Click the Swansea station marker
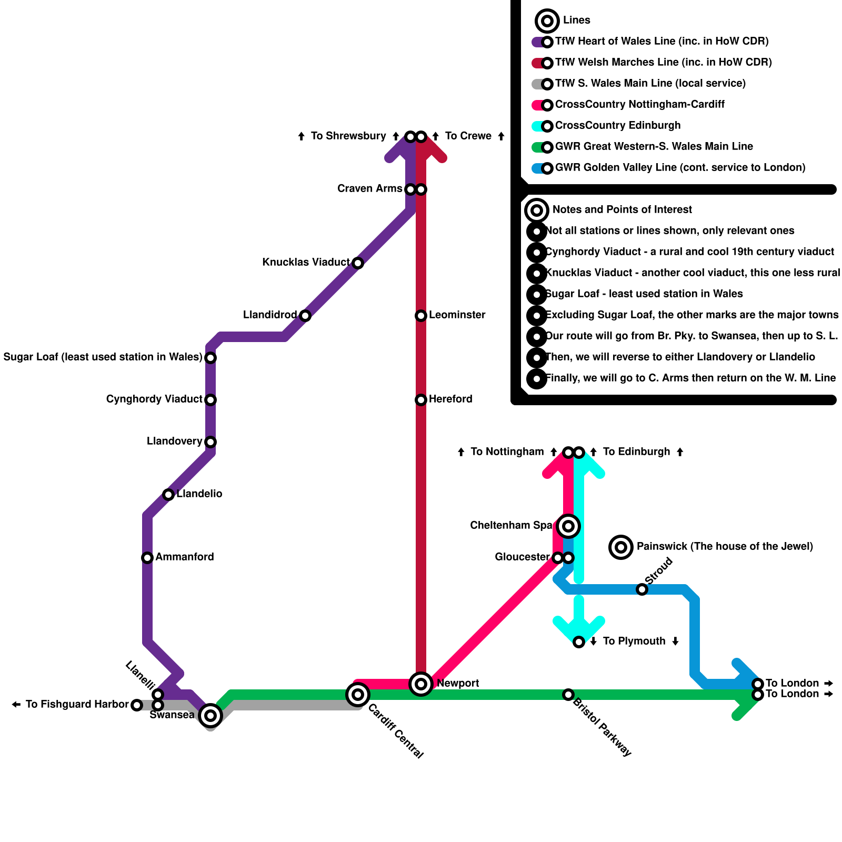pyautogui.click(x=210, y=715)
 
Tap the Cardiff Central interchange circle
pyautogui.click(x=358, y=695)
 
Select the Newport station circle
pyautogui.click(x=421, y=684)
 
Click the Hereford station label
pyautogui.click(x=450, y=399)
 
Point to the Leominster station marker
pyautogui.click(x=421, y=316)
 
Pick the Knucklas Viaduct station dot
pyautogui.click(x=358, y=263)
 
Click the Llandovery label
pyautogui.click(x=174, y=441)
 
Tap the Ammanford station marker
pyautogui.click(x=147, y=558)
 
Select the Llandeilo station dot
pyautogui.click(x=168, y=495)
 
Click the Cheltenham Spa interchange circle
pyautogui.click(x=568, y=526)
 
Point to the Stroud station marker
pyautogui.click(x=642, y=589)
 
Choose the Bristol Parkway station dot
pyautogui.click(x=568, y=695)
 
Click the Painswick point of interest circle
pyautogui.click(x=621, y=547)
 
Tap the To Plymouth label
pyautogui.click(x=634, y=641)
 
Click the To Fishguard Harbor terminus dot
pyautogui.click(x=137, y=705)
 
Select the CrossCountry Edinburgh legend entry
pyautogui.click(x=617, y=125)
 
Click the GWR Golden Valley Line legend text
pyautogui.click(x=680, y=167)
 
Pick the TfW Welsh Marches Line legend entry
pyautogui.click(x=663, y=62)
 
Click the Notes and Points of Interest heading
pyautogui.click(x=622, y=209)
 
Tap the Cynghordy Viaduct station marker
pyautogui.click(x=210, y=400)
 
